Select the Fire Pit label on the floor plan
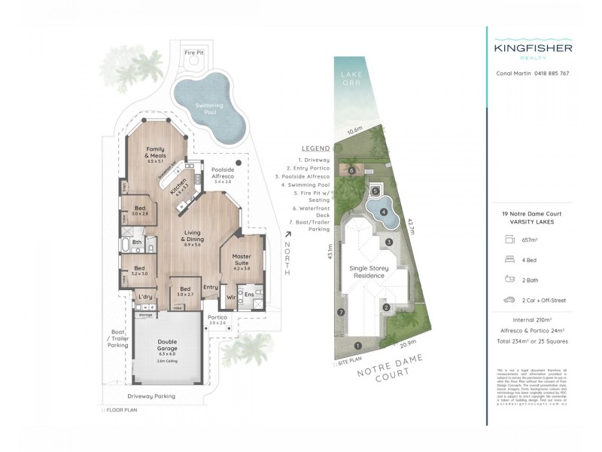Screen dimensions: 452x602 pyautogui.click(x=194, y=53)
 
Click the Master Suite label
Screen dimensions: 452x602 pyautogui.click(x=242, y=261)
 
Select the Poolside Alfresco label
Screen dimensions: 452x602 pyautogui.click(x=227, y=174)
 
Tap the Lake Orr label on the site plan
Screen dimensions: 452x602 pyautogui.click(x=351, y=78)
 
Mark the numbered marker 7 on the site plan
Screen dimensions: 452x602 pyautogui.click(x=341, y=312)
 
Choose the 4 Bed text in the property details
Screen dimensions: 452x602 pyautogui.click(x=531, y=257)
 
